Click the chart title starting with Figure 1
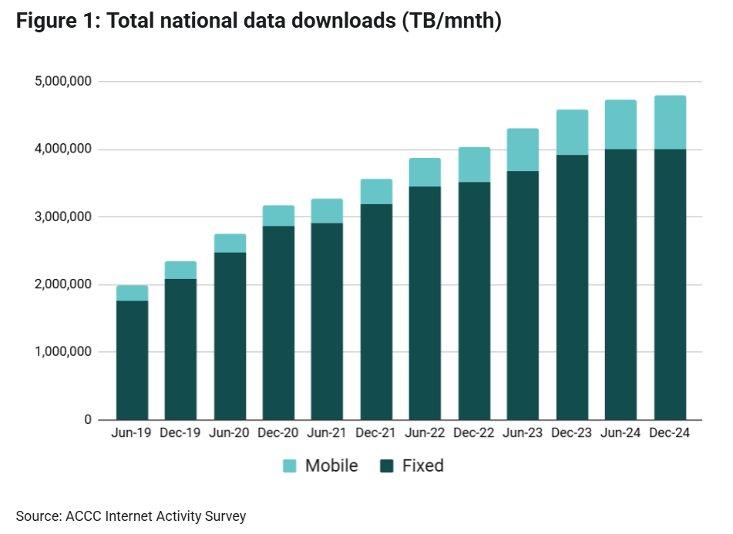tap(259, 22)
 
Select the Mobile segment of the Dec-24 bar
tap(670, 123)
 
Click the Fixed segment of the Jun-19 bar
tap(132, 360)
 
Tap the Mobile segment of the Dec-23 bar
tap(572, 133)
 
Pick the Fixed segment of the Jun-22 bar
tap(425, 303)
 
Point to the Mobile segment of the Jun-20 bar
tap(230, 243)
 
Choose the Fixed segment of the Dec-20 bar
tap(278, 322)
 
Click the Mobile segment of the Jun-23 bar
tap(523, 150)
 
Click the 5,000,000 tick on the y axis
tap(64, 82)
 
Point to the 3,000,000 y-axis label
tap(64, 217)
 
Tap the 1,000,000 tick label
tap(64, 352)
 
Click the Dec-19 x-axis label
tap(180, 433)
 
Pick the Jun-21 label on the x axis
tap(327, 433)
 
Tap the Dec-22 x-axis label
tap(474, 433)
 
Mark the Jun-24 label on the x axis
tap(620, 433)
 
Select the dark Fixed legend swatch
tap(387, 465)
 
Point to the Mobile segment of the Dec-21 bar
tap(376, 192)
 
